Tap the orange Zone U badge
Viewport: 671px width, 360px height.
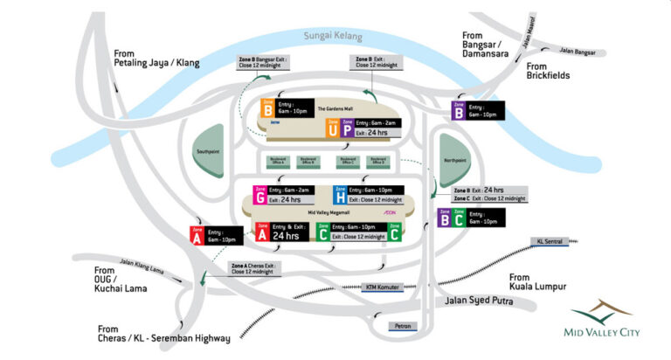click(332, 128)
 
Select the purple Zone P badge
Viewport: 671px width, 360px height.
click(347, 128)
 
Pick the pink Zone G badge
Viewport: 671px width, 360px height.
click(259, 195)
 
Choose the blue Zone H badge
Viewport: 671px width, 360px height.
click(340, 195)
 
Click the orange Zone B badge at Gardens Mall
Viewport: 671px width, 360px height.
click(267, 109)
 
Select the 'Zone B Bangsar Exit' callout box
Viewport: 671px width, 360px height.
click(264, 62)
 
